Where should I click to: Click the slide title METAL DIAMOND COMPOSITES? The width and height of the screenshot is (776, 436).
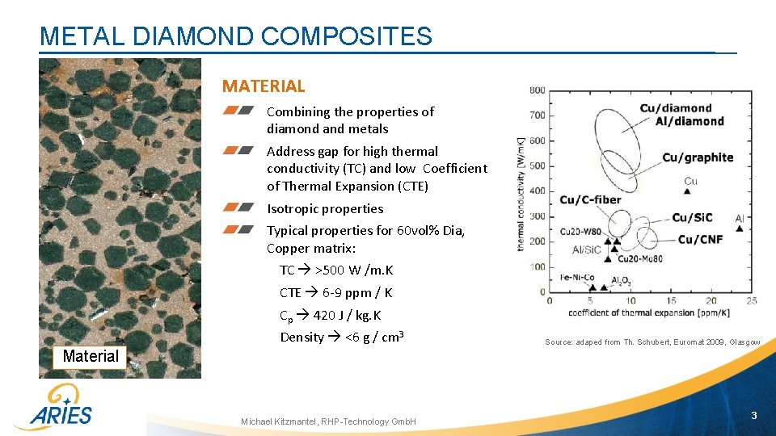click(x=235, y=36)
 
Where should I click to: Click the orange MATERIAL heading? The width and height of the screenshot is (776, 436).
click(x=264, y=86)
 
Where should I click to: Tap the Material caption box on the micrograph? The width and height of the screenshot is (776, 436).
click(x=91, y=356)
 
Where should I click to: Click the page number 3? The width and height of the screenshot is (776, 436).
click(x=753, y=416)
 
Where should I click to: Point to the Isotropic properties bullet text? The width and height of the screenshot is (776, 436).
click(x=325, y=208)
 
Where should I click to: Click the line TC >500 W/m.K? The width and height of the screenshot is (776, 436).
click(x=336, y=270)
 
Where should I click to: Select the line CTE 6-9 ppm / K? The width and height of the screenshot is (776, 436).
click(x=336, y=292)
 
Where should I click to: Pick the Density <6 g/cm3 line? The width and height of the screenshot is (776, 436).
click(x=342, y=337)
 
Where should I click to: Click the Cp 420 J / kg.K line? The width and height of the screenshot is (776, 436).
click(x=331, y=315)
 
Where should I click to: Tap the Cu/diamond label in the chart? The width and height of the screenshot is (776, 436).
click(x=676, y=108)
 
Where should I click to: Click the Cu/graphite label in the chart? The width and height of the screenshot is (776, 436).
click(x=698, y=157)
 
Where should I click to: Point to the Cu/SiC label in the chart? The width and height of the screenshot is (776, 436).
click(x=691, y=217)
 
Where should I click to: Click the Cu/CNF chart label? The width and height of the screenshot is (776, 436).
click(x=700, y=239)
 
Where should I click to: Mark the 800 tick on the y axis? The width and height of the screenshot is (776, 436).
click(x=537, y=90)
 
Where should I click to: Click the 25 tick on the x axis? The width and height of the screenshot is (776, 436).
click(x=752, y=301)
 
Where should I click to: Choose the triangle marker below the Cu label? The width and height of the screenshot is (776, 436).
click(x=687, y=192)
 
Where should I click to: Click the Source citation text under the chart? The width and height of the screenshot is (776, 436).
click(x=652, y=342)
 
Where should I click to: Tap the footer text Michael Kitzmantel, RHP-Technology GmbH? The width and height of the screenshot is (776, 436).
click(x=328, y=421)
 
